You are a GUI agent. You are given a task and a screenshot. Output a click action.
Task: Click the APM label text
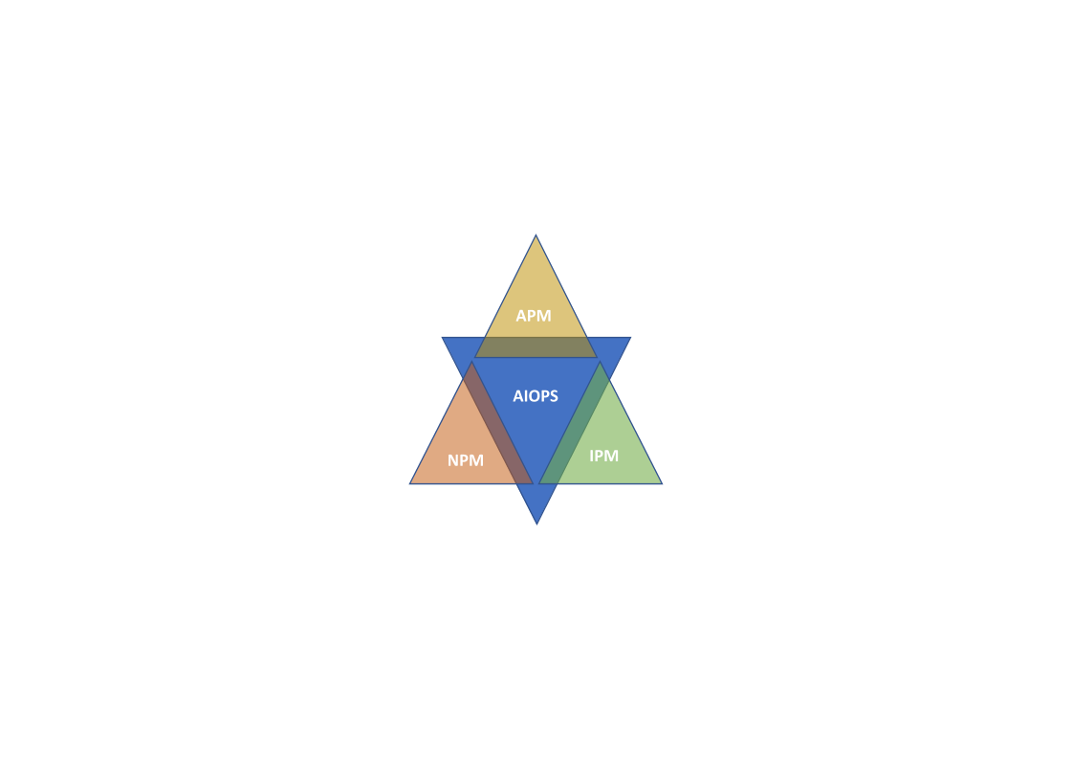click(534, 316)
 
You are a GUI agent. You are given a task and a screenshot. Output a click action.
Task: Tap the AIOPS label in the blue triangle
click(536, 395)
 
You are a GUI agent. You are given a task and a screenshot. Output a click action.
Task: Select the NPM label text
click(466, 460)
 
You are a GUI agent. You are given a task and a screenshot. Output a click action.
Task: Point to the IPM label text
click(603, 456)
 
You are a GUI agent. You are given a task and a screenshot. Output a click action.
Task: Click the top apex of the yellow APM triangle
click(536, 235)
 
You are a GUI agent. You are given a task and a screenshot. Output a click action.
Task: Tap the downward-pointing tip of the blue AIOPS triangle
click(537, 525)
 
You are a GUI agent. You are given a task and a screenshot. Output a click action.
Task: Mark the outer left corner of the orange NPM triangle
click(410, 484)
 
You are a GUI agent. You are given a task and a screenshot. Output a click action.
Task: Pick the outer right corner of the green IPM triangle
click(662, 484)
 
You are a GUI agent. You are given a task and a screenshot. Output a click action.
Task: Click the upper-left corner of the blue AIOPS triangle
click(443, 338)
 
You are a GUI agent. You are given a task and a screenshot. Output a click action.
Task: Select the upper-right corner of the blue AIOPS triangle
click(630, 338)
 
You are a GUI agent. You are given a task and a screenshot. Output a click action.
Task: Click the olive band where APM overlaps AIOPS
click(536, 347)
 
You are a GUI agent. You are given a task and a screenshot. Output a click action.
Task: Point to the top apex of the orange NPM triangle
click(471, 362)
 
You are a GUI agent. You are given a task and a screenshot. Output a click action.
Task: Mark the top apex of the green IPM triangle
click(601, 362)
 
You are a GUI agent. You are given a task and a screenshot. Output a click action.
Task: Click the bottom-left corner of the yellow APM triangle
click(476, 357)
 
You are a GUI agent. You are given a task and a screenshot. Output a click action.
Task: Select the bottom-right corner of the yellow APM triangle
click(597, 357)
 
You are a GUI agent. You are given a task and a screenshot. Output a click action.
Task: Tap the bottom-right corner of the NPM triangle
click(533, 484)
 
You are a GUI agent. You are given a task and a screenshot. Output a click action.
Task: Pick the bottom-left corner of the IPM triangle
click(539, 484)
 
